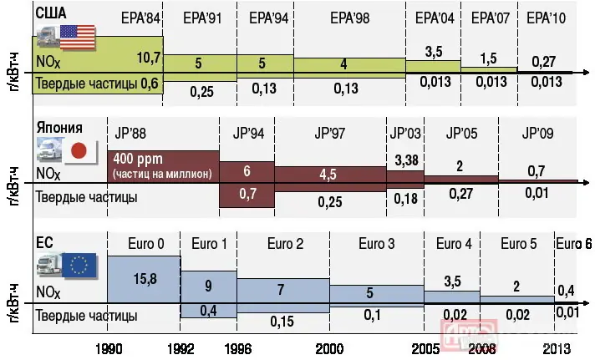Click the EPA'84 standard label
click(x=135, y=18)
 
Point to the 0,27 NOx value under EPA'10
click(x=543, y=61)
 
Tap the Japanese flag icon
click(x=79, y=151)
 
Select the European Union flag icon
click(x=80, y=266)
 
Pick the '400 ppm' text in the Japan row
click(x=139, y=159)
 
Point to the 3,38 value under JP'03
click(x=404, y=160)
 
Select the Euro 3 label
click(x=376, y=245)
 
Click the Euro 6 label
click(x=574, y=245)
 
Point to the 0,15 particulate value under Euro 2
click(x=283, y=319)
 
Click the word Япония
click(x=59, y=128)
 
